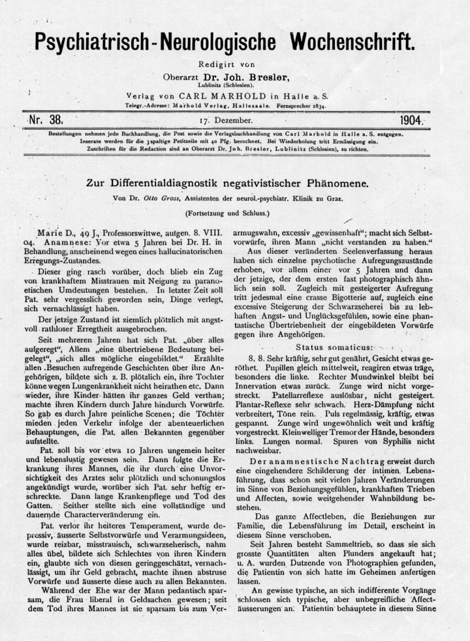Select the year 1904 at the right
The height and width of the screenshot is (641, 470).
click(411, 121)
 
